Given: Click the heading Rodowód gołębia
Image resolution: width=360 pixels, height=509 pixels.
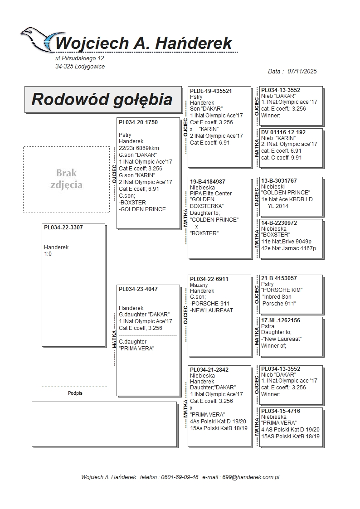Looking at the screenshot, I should coord(102,99).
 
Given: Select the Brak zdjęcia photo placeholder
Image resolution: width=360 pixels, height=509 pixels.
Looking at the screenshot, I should coord(66,179).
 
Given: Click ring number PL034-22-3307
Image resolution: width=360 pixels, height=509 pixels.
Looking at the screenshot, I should coord(63,228).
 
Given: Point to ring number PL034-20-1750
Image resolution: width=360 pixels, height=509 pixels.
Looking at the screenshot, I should coord(138,122).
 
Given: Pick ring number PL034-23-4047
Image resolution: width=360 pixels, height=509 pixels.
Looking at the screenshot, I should coord(138,289).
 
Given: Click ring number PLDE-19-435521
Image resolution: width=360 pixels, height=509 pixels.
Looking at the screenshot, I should coord(211,91).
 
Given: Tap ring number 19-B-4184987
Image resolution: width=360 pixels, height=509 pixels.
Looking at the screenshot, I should coord(208,182).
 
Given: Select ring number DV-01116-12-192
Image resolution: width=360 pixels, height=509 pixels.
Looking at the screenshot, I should coord(283,132).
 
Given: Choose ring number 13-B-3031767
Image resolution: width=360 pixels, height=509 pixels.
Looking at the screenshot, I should coord(279,181).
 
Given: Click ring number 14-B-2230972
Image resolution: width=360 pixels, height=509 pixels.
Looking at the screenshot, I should coord(279,223).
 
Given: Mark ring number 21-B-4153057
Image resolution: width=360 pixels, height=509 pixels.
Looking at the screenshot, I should coord(279,278).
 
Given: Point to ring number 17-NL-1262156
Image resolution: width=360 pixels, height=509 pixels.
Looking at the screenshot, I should coord(281,320).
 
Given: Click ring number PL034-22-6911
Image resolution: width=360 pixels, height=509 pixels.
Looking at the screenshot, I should coord(209,279).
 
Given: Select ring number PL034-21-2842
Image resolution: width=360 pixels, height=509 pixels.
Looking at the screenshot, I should coord(209,370).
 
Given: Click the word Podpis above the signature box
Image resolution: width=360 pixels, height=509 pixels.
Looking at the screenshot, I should coord(75,393).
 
